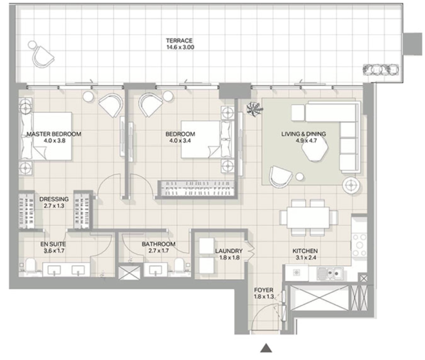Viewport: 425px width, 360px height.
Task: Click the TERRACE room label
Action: pyautogui.click(x=179, y=41)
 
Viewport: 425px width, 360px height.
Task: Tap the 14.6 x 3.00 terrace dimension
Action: pyautogui.click(x=180, y=47)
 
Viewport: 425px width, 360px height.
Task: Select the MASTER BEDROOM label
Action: pyautogui.click(x=54, y=134)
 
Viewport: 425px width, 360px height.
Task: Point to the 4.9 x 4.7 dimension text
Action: pyautogui.click(x=303, y=141)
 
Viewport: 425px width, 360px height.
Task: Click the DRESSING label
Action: pyautogui.click(x=54, y=199)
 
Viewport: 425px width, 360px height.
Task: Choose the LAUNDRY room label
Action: pyautogui.click(x=229, y=251)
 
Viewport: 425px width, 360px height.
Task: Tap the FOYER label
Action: pyautogui.click(x=264, y=290)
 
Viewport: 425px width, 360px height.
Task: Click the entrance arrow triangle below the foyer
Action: pyautogui.click(x=266, y=348)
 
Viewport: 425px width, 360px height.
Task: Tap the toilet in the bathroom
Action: pyautogui.click(x=179, y=265)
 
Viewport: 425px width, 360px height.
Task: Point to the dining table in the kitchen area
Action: pyautogui.click(x=309, y=218)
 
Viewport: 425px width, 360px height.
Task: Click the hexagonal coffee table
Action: pyautogui.click(x=315, y=149)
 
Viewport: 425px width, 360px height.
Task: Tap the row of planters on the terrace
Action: pyautogui.click(x=381, y=70)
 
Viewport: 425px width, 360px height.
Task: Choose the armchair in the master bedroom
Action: pyautogui.click(x=110, y=105)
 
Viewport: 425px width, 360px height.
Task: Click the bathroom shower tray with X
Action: pyautogui.click(x=130, y=273)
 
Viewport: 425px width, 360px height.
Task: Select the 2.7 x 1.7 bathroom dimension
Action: pyautogui.click(x=158, y=251)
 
